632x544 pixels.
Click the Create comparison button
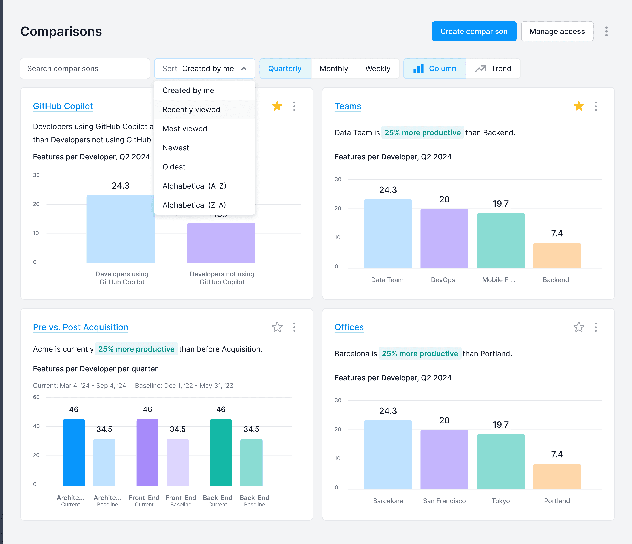[474, 31]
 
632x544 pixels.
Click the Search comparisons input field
[85, 69]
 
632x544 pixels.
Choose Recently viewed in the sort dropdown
[191, 110]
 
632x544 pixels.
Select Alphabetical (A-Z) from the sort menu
[194, 186]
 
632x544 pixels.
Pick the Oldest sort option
[174, 167]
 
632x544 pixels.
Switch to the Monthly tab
[334, 69]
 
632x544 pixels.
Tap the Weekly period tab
[378, 69]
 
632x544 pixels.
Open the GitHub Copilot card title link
[63, 106]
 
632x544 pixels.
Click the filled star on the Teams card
[579, 106]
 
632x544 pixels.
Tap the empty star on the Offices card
[579, 327]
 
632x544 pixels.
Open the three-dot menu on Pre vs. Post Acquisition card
[294, 327]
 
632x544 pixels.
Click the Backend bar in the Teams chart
[557, 255]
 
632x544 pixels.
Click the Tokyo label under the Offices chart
[500, 501]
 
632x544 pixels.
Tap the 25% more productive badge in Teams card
[422, 133]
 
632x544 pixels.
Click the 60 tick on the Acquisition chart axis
[36, 397]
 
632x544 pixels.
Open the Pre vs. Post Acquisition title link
[81, 327]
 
